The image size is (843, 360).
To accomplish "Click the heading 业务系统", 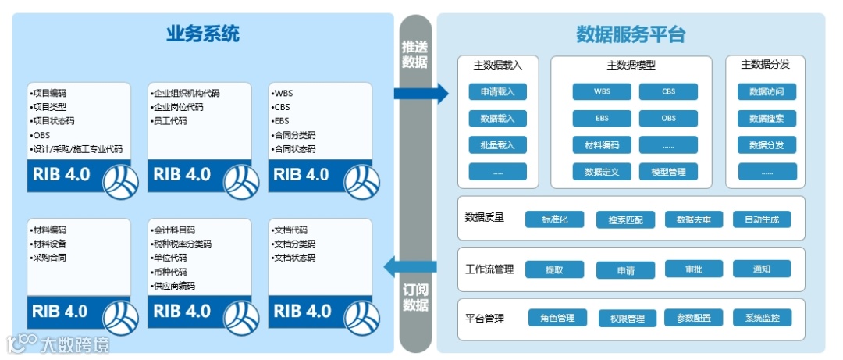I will point(202,34).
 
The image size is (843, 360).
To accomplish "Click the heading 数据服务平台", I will point(630,34).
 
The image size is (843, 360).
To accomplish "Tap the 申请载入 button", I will point(497,92).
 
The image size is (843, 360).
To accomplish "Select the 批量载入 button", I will point(497,145).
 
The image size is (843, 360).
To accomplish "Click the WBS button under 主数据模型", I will point(602,92).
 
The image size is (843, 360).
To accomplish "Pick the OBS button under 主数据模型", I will point(668,119).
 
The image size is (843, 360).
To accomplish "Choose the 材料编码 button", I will point(602,145).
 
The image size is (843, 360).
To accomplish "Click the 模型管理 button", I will point(668,172).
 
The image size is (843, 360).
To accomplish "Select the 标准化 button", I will point(555,219).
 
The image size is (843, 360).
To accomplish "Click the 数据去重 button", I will point(694,219).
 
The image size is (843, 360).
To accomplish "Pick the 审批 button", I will point(694,269).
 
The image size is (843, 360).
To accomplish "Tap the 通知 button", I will point(762,269).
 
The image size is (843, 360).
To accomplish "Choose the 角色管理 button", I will point(557,319).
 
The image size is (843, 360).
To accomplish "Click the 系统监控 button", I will point(762,319).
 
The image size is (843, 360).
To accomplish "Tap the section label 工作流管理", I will point(489,269).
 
